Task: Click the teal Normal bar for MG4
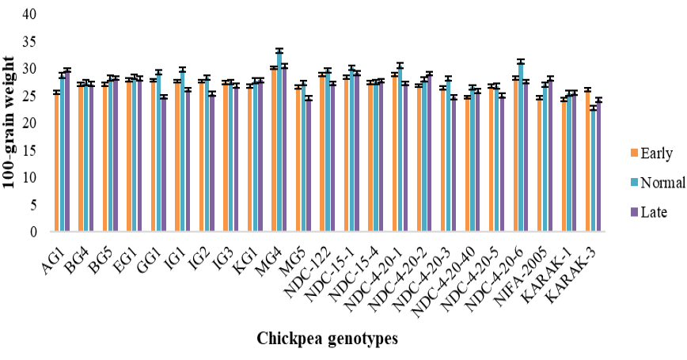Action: click(279, 141)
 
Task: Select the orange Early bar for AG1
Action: click(57, 161)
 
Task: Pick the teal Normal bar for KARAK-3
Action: click(594, 169)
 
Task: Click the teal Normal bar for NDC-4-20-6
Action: click(521, 146)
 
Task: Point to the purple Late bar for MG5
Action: click(309, 165)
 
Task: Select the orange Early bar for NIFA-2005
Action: click(540, 165)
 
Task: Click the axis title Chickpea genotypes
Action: click(328, 339)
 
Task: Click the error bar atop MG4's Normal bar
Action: click(279, 51)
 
